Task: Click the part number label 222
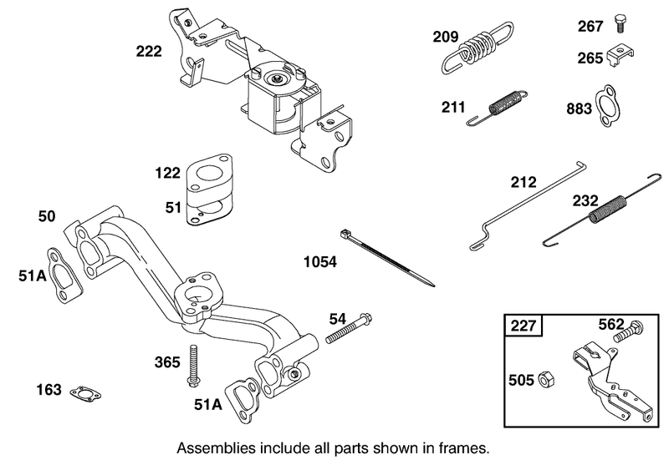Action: click(x=151, y=52)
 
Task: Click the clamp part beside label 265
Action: click(x=620, y=57)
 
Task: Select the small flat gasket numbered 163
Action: click(x=84, y=392)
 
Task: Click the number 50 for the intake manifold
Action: click(x=48, y=217)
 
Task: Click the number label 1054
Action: click(x=320, y=261)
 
